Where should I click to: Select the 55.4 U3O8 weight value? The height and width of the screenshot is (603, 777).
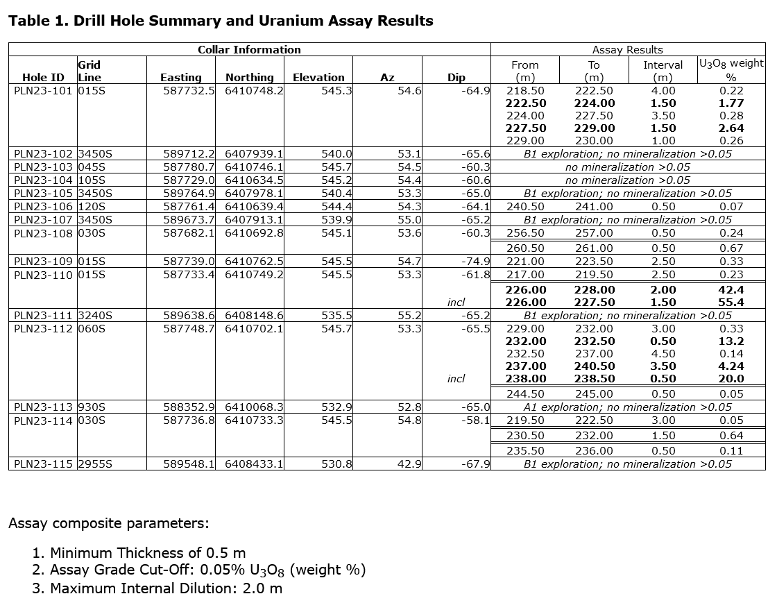[731, 303]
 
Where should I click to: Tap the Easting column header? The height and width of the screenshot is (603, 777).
[180, 78]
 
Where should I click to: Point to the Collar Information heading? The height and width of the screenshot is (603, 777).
[249, 50]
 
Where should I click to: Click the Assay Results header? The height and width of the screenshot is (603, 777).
[627, 50]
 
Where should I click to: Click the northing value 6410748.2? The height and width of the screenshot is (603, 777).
[254, 90]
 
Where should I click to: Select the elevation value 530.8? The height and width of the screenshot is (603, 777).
[336, 464]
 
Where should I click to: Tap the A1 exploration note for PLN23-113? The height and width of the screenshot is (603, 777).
[627, 407]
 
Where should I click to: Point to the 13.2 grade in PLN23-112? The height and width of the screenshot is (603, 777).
[731, 341]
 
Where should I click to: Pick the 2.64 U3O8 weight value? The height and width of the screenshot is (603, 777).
[731, 128]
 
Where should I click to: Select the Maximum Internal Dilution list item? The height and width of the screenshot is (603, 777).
[166, 588]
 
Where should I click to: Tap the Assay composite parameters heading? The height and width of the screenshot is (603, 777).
[108, 523]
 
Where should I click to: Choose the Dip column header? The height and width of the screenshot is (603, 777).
[456, 78]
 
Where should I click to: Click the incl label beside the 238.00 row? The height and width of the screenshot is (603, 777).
[456, 379]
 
